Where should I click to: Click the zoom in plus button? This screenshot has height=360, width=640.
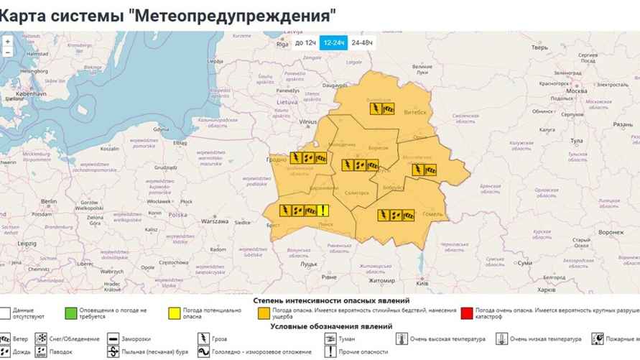click(x=7, y=41)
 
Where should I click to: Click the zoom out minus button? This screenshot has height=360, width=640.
click(x=7, y=52)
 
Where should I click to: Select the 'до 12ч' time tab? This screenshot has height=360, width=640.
click(x=305, y=43)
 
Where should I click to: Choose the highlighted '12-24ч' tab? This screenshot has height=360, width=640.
click(x=333, y=43)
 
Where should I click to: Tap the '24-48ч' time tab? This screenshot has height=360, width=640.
click(x=362, y=43)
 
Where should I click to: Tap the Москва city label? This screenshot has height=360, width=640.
click(x=577, y=92)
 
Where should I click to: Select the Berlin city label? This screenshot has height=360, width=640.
click(x=49, y=202)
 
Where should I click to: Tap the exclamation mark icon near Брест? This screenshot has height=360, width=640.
click(x=325, y=211)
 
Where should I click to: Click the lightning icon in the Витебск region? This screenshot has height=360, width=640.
click(x=375, y=109)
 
